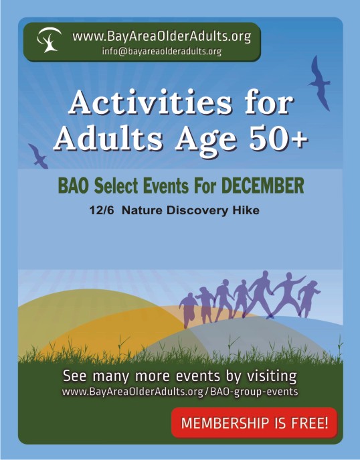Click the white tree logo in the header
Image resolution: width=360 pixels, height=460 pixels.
pos(49,40)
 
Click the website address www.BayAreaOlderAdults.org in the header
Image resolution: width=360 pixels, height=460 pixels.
pos(161,37)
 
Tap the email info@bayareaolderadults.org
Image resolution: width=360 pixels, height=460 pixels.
pos(161,52)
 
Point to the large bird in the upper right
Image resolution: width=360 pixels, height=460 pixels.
pos(320,83)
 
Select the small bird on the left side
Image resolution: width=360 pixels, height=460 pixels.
pos(38,157)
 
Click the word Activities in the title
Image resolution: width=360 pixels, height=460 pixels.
pos(150,102)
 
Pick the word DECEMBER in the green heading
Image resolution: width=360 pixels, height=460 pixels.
pos(262,185)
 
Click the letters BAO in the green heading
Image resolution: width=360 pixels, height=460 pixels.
pos(74,185)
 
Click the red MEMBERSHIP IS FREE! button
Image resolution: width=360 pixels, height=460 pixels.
pos(254,423)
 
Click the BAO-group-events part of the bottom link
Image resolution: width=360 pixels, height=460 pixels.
pos(254,392)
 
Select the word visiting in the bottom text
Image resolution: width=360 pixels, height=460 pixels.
pos(272,376)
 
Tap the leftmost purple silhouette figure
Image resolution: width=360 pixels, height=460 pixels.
pos(189,309)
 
